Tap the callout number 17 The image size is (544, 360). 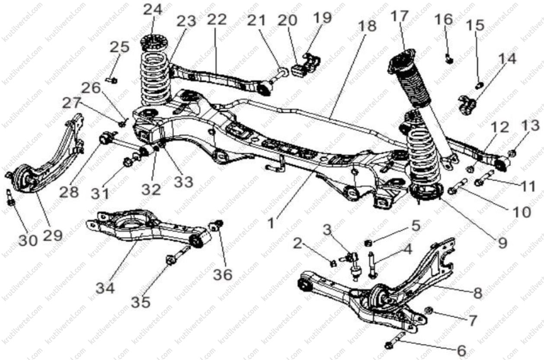[400, 17]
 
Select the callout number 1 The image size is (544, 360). [271, 224]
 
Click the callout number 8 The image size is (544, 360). [477, 293]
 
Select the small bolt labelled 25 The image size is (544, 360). [113, 80]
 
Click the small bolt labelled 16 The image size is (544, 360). [449, 60]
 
